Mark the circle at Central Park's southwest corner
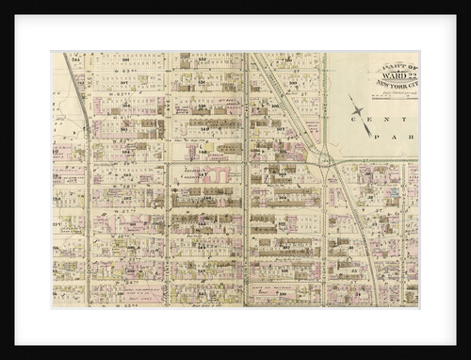point(326,161)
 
